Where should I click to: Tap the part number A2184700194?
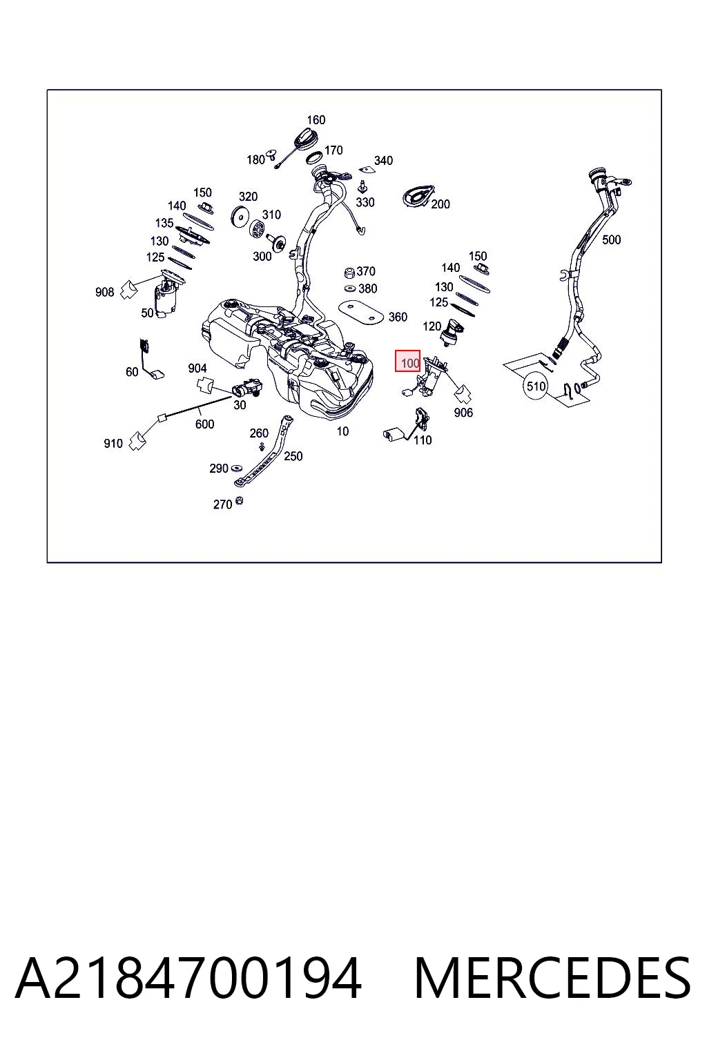(x=188, y=979)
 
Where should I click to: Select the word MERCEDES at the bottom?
(x=552, y=979)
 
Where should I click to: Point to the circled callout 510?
(x=536, y=386)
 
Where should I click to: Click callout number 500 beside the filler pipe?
(x=611, y=239)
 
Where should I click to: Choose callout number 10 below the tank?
(x=342, y=431)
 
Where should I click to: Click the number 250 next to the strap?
(x=293, y=455)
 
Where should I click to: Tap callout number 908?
(x=104, y=292)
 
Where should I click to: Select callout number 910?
(x=113, y=444)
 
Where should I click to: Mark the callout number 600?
(x=204, y=424)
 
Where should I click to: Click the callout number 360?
(x=398, y=317)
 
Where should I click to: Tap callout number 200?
(x=440, y=204)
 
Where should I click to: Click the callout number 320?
(x=248, y=197)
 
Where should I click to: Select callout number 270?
(x=222, y=504)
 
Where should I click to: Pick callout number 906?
(x=463, y=413)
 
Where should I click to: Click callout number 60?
(x=132, y=372)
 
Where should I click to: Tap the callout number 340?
(x=384, y=160)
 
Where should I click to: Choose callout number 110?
(x=423, y=440)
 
